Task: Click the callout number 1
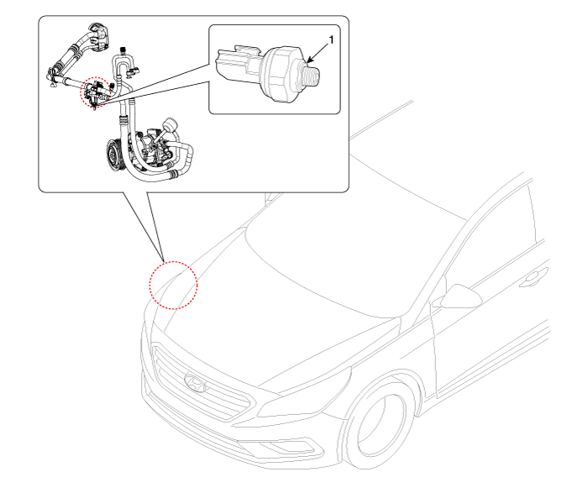pyautogui.click(x=331, y=39)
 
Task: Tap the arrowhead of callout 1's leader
pyautogui.click(x=309, y=60)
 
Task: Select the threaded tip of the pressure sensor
pyautogui.click(x=311, y=76)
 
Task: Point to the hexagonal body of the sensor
pyautogui.click(x=282, y=73)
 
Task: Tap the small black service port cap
pyautogui.click(x=122, y=50)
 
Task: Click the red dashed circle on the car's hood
pyautogui.click(x=173, y=285)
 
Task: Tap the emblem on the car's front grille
pyautogui.click(x=196, y=383)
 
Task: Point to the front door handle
pyautogui.click(x=533, y=277)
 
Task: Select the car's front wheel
pyautogui.click(x=379, y=423)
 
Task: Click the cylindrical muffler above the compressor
pyautogui.click(x=169, y=126)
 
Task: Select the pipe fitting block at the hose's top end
pyautogui.click(x=98, y=36)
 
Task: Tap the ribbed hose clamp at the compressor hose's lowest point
pyautogui.click(x=173, y=173)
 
